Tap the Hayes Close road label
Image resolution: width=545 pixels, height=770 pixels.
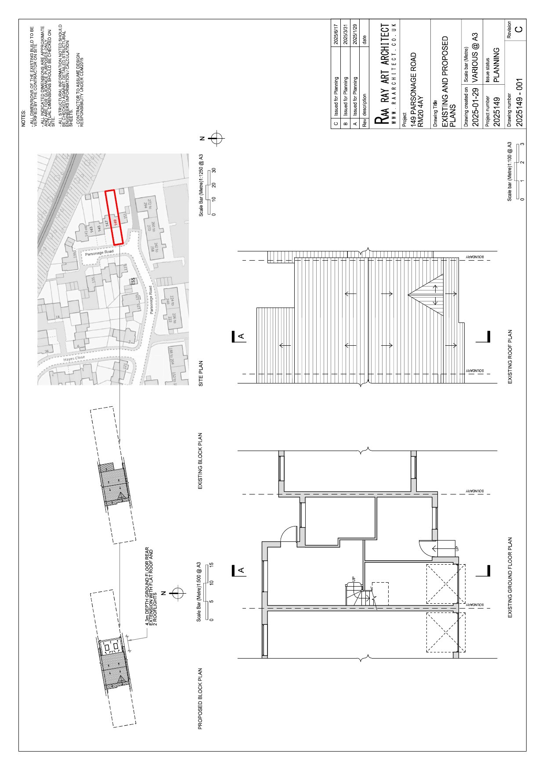74,359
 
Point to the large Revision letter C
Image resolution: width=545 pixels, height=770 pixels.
519,29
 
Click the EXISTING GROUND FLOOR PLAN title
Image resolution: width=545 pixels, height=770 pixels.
510,577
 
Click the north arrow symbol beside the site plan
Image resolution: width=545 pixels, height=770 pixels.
215,139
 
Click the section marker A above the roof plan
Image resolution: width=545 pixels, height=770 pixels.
241,337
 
